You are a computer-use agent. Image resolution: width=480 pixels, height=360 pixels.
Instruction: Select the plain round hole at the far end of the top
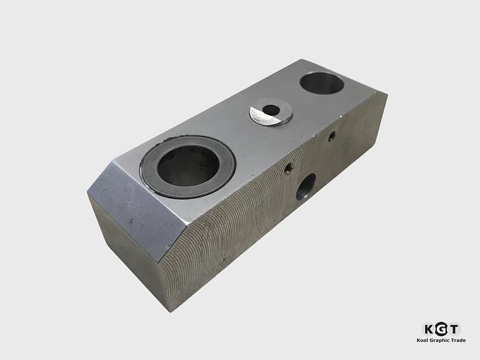tap(322, 84)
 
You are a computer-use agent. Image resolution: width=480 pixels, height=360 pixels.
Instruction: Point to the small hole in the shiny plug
tap(272, 110)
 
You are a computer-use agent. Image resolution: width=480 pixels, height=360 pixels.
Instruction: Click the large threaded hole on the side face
tap(306, 187)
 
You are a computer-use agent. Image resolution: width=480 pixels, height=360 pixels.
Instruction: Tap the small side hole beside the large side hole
tap(289, 167)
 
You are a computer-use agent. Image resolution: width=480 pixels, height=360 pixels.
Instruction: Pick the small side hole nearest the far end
tap(332, 136)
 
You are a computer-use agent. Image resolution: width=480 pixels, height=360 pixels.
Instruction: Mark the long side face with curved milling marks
tap(274, 219)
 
